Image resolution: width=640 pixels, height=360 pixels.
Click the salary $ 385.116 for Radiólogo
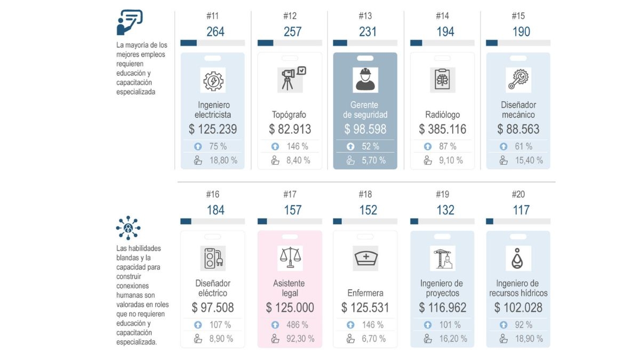pos(443,129)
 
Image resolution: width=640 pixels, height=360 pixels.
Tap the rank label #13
pos(365,16)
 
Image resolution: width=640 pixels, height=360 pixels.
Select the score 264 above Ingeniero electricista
pos(215,32)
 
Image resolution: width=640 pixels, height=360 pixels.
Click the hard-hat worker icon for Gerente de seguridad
pos(365,79)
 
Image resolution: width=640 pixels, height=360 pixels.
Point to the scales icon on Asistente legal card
pos(290,258)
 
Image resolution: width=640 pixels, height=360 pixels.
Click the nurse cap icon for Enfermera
pos(366,258)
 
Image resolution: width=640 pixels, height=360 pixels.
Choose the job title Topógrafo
pos(289,115)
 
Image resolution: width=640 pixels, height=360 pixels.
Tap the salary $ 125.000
pos(290,308)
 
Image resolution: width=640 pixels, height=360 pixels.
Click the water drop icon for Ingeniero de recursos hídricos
pos(518,259)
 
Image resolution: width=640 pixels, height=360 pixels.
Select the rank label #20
pos(518,194)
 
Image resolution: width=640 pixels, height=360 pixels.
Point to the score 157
pos(293,210)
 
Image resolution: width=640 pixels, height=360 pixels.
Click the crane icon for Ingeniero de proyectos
pos(443,258)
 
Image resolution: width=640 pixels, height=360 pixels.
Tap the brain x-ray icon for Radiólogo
pos(443,79)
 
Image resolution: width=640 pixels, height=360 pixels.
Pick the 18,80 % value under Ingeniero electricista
pos(223,160)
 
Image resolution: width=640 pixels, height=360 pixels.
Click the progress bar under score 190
pos(518,43)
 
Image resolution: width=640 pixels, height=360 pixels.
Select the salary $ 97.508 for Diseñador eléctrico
pos(213,308)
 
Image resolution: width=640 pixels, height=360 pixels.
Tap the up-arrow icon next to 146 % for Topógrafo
pos(275,146)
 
